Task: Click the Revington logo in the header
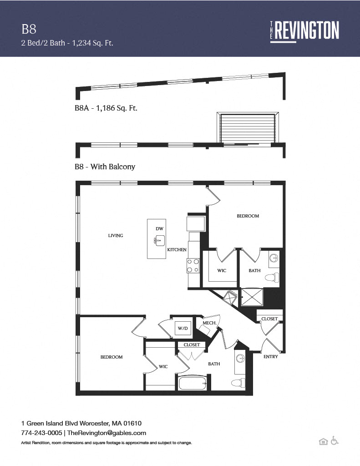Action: coord(304,31)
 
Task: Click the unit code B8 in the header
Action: coord(29,30)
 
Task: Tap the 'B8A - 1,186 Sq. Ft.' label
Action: coord(106,108)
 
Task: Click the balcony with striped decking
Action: coord(248,128)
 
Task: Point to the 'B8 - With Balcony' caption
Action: coord(105,167)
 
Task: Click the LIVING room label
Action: coord(116,236)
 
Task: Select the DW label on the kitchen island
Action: coord(160,228)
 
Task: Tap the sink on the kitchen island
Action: coord(160,240)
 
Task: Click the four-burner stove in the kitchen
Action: coord(193,266)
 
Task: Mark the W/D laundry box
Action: coord(183,329)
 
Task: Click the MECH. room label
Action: coord(209,323)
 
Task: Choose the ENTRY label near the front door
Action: coord(270,357)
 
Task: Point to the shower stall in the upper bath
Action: coord(252,297)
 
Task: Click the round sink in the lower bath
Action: coord(240,359)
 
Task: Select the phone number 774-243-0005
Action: coord(41,433)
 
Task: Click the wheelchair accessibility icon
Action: coord(335,441)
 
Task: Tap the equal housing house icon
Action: coord(324,441)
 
